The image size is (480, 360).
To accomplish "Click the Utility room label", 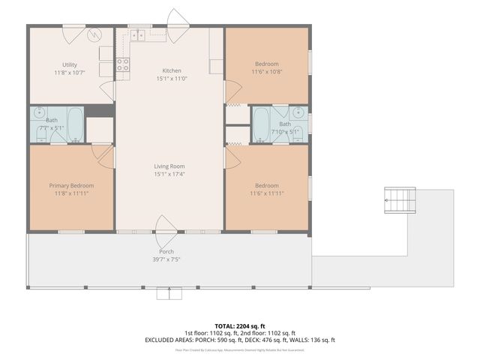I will (x=70, y=64).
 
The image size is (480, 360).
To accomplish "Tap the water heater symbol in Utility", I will (x=95, y=35).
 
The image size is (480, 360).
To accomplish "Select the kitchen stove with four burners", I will (x=122, y=65).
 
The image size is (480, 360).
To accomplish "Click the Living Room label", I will (x=169, y=166).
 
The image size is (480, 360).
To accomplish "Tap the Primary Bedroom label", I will (x=70, y=186).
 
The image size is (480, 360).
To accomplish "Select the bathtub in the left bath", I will (x=75, y=124).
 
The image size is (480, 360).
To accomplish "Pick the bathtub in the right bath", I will (x=261, y=124).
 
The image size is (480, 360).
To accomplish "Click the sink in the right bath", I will (x=299, y=115).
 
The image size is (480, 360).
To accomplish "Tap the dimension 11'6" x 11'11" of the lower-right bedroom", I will (x=266, y=193).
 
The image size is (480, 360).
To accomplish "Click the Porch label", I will (x=166, y=252).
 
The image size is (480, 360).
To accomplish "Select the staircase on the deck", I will (x=400, y=201).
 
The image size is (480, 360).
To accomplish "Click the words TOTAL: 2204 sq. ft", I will (x=239, y=325).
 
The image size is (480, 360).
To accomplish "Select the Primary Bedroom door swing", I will (x=105, y=156).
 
